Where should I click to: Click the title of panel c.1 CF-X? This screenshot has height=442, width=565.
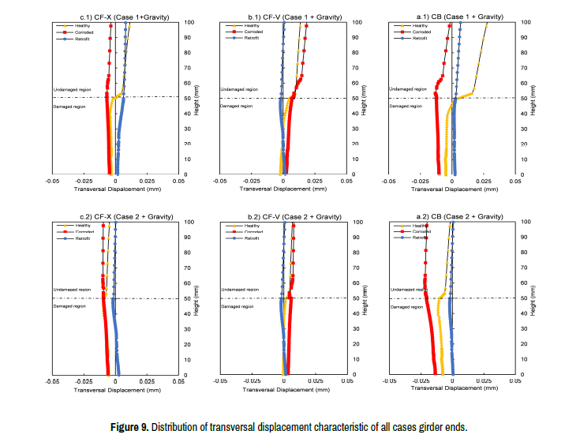114,16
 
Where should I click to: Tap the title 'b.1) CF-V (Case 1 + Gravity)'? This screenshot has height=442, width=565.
283,16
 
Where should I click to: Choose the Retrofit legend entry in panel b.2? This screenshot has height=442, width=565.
252,238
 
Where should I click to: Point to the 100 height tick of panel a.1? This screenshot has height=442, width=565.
526,22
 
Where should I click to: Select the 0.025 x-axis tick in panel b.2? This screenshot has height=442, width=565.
315,380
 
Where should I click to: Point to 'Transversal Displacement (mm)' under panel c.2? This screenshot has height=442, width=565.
115,390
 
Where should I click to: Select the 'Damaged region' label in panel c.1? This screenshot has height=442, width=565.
69,106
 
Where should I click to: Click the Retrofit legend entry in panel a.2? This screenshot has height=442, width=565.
419,238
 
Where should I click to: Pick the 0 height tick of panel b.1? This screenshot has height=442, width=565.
357,174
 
